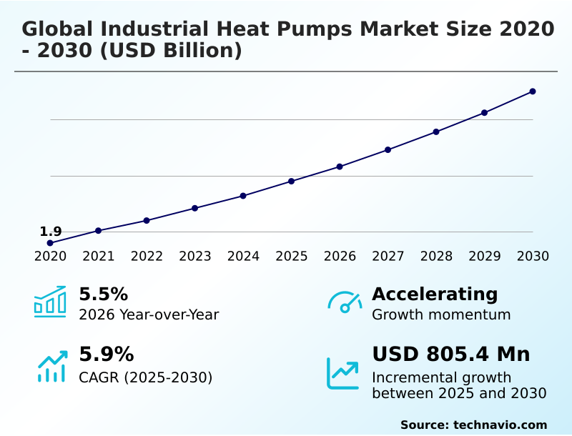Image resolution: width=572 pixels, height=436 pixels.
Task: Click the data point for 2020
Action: [50, 243]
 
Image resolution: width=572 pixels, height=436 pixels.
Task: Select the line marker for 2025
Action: [292, 181]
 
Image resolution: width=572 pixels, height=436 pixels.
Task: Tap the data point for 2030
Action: [533, 91]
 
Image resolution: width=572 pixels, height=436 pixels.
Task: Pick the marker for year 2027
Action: [388, 149]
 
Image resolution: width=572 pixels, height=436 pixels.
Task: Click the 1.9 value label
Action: [50, 232]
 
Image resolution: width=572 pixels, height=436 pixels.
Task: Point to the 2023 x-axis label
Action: [195, 257]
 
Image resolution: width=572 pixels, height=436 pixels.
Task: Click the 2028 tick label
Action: [436, 257]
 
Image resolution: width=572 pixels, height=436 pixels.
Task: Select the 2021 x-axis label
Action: [99, 257]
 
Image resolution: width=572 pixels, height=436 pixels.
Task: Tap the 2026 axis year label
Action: [340, 257]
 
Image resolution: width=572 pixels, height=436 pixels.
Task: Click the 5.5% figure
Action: [103, 294]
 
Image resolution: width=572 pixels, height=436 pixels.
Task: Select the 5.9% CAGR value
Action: [106, 355]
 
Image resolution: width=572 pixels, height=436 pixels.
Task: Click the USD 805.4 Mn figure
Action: [451, 355]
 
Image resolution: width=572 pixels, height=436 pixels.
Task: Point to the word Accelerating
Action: [435, 294]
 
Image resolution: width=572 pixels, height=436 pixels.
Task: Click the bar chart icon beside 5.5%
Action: [50, 302]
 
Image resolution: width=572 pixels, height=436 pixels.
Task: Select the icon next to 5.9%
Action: [51, 366]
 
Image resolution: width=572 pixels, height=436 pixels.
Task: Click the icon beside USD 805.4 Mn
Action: [343, 372]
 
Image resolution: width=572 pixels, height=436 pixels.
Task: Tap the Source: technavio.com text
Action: [473, 425]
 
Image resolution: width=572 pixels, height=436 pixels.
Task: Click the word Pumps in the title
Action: [315, 29]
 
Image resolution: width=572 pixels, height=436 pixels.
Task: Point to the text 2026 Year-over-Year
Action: [149, 314]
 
